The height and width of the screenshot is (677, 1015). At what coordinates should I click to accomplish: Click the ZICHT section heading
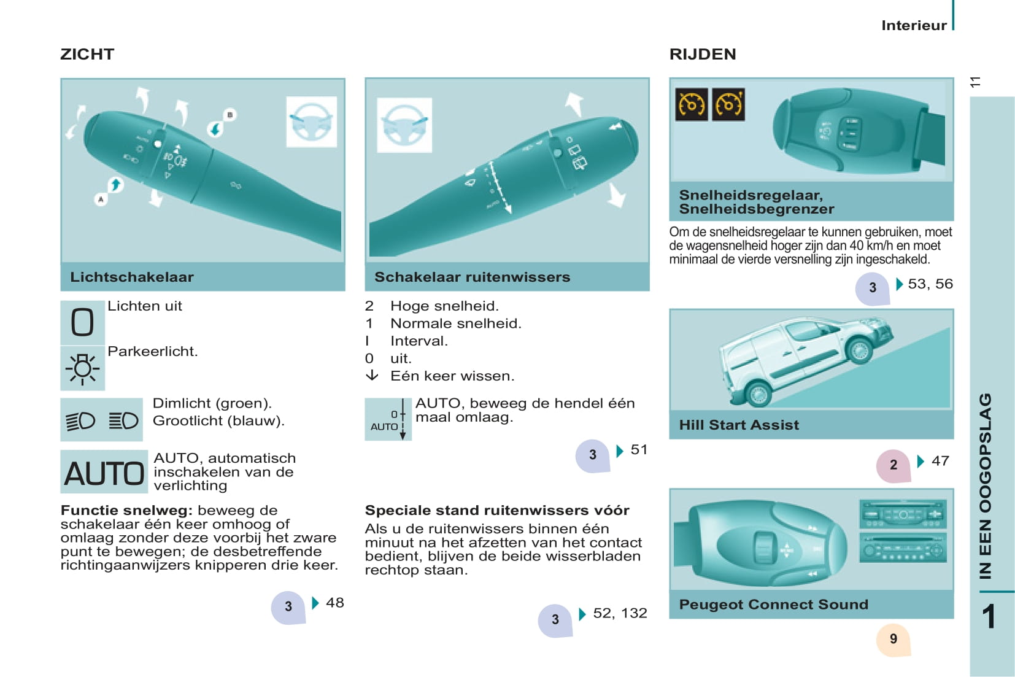click(87, 55)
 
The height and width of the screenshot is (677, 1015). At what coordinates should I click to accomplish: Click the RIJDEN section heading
click(703, 55)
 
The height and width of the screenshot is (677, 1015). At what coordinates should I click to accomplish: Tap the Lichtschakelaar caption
click(132, 277)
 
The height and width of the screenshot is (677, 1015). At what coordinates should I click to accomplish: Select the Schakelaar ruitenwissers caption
click(472, 277)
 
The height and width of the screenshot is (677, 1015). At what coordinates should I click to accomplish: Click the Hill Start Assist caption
click(739, 425)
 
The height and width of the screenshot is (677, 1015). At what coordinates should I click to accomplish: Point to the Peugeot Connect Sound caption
click(773, 605)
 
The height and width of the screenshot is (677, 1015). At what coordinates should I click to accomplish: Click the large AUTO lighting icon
click(104, 472)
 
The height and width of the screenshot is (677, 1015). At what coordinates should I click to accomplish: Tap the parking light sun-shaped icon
click(82, 368)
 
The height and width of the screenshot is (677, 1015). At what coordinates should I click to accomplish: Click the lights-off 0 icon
click(82, 322)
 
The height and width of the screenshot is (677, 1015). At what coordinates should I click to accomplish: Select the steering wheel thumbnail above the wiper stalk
click(404, 125)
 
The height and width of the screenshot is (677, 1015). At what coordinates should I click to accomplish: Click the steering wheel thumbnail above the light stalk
click(312, 122)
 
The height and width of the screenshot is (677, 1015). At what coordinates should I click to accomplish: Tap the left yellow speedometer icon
click(692, 105)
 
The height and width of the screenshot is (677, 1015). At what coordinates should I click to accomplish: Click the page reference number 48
click(335, 603)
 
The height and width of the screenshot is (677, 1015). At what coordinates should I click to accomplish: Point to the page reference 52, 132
click(620, 613)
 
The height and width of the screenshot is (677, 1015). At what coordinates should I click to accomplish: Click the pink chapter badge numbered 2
click(893, 465)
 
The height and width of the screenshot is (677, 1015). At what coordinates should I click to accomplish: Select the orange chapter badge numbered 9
click(893, 640)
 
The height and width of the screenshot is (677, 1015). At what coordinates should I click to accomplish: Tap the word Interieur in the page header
click(914, 25)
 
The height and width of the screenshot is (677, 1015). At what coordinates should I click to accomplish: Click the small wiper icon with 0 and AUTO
click(388, 419)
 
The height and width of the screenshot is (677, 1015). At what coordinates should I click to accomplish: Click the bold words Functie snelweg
click(126, 511)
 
